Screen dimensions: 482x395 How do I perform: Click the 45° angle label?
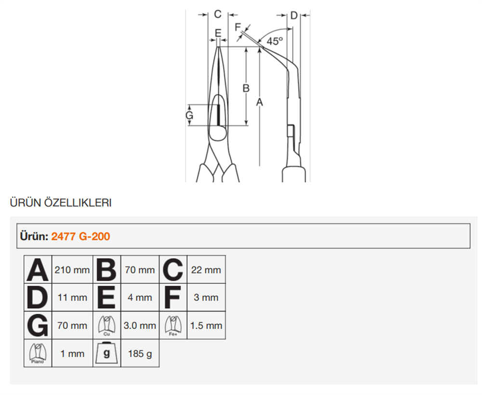click(275, 41)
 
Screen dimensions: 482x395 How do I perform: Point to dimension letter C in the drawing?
click(218, 14)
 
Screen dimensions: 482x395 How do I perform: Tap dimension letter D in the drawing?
click(294, 15)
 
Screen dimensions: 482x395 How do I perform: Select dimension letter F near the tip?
click(238, 27)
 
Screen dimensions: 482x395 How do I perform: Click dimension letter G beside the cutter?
click(189, 115)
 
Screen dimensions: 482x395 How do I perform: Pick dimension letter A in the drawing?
click(259, 102)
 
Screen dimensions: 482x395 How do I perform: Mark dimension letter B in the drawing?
click(246, 88)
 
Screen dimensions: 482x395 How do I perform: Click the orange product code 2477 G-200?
click(80, 236)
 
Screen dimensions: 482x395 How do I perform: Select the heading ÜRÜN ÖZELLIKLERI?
click(61, 203)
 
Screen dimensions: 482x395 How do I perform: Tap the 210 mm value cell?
click(72, 269)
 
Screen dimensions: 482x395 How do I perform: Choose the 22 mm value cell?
click(206, 269)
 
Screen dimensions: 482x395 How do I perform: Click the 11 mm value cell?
click(72, 297)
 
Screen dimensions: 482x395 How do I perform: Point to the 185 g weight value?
click(140, 354)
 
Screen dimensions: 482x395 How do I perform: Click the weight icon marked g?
click(107, 353)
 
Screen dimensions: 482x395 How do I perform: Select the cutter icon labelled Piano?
click(38, 353)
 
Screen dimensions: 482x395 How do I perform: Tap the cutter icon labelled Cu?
click(107, 326)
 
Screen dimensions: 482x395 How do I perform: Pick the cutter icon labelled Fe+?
click(173, 326)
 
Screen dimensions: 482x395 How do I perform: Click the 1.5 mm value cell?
click(206, 325)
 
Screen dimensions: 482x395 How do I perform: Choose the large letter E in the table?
click(107, 297)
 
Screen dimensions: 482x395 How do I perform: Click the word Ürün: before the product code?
click(34, 236)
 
